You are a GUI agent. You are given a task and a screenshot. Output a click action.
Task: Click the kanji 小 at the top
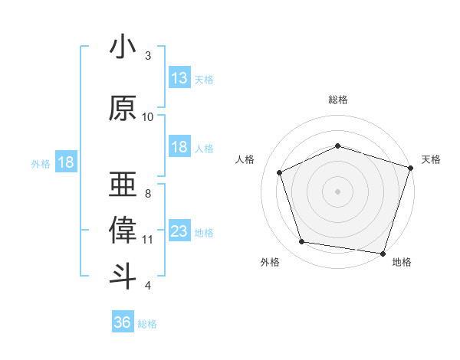[123, 48]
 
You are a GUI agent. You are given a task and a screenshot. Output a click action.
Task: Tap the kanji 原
[123, 109]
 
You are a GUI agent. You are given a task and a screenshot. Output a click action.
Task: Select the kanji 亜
[123, 185]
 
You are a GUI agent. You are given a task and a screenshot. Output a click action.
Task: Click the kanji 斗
[123, 276]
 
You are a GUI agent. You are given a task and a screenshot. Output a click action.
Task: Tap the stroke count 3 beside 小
[148, 56]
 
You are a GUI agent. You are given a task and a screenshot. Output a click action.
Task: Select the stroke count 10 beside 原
[148, 117]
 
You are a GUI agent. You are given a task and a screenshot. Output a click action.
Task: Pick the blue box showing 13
[179, 78]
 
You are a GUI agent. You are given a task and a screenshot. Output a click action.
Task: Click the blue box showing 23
[179, 231]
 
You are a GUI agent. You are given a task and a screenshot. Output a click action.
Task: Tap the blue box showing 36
[122, 322]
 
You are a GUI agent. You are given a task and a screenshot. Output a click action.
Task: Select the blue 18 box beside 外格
[65, 162]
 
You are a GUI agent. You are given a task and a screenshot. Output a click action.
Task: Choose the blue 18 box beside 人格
[179, 147]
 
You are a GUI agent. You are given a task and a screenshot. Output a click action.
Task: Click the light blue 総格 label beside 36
[147, 324]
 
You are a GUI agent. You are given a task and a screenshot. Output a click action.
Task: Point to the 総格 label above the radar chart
[338, 100]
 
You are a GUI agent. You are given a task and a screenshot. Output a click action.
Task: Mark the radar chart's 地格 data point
[383, 253]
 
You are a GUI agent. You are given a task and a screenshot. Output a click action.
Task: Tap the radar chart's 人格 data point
[280, 172]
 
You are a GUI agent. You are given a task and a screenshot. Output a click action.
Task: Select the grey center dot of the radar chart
[338, 191]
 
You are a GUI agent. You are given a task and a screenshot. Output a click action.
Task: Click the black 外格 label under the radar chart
[270, 263]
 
